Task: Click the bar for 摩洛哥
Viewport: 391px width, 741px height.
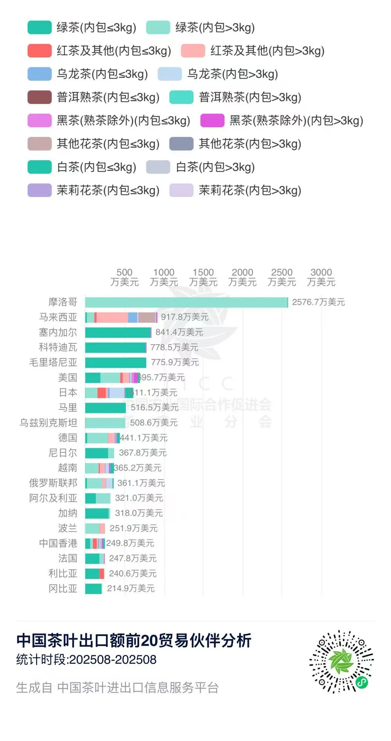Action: point(187,302)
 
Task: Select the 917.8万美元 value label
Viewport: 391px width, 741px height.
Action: point(185,317)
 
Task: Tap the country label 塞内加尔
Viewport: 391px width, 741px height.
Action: point(58,332)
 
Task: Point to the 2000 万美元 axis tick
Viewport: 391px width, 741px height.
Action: point(242,277)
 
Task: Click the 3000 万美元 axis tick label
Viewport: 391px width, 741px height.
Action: point(321,277)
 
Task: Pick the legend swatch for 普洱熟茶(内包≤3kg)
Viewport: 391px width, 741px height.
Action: point(39,97)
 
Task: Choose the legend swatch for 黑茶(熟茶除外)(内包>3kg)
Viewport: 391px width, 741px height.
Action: point(212,120)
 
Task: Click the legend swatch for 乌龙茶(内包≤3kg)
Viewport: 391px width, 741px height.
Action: point(39,74)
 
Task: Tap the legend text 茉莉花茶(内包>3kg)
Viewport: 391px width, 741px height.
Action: point(250,190)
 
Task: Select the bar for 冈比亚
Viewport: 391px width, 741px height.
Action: point(93,588)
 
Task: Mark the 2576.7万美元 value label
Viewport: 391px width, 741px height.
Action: point(318,302)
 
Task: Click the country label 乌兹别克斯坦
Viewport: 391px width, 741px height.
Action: point(48,423)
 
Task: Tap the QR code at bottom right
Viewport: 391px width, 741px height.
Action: point(341,661)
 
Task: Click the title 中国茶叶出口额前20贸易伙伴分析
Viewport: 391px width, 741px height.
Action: point(134,641)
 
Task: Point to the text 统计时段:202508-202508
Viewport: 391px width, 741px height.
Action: point(86,660)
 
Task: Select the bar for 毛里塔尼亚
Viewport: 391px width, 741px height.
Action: point(115,362)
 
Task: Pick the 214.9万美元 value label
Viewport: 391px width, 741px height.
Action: point(131,588)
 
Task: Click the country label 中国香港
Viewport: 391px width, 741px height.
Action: point(58,543)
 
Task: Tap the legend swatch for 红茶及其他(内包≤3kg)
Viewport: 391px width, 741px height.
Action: point(39,51)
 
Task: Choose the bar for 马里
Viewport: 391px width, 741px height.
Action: point(105,408)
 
